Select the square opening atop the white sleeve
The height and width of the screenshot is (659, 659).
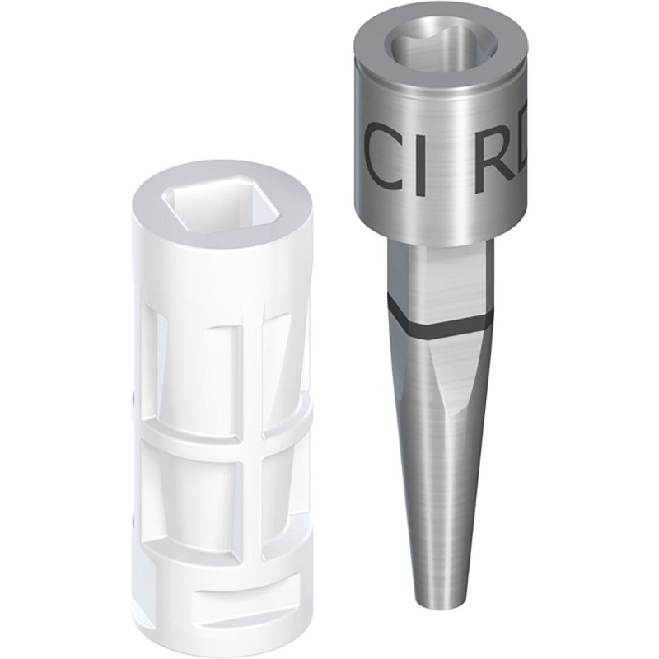[x=217, y=201]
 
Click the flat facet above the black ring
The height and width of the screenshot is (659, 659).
[x=445, y=284]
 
